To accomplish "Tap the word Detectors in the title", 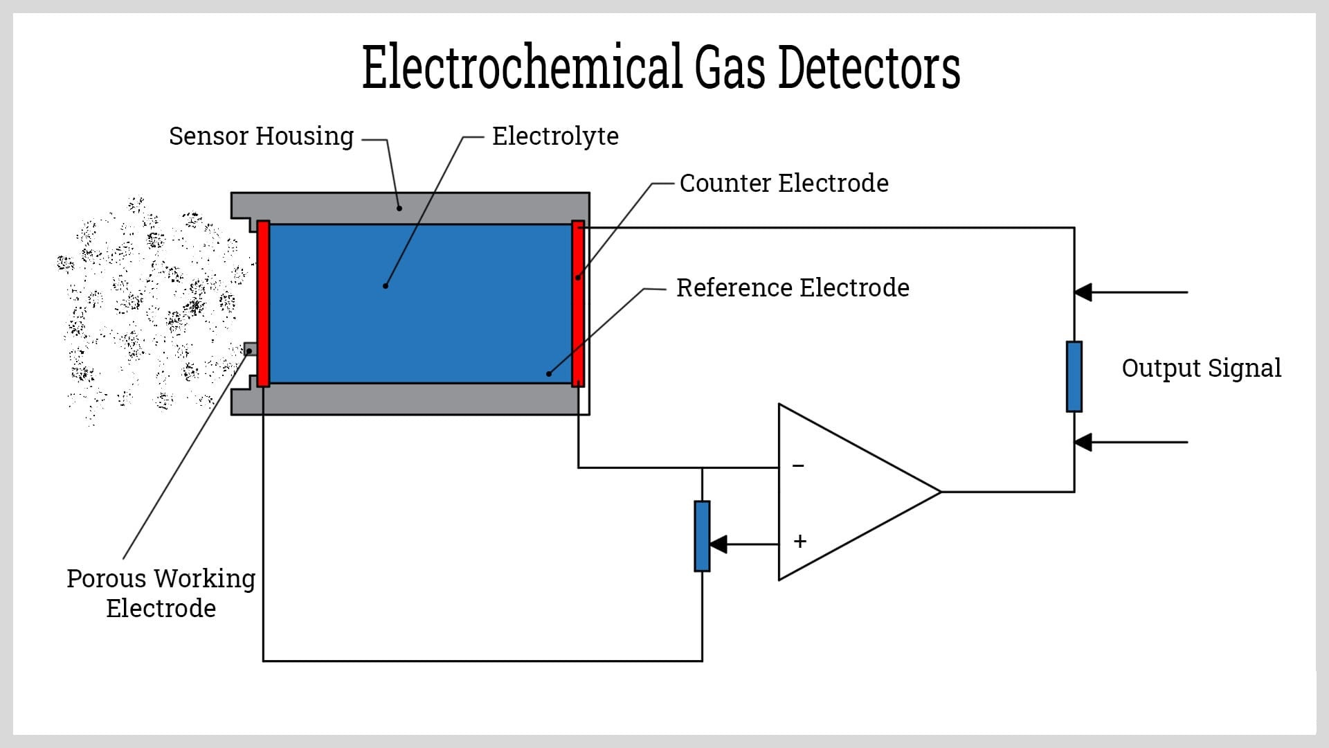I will click(x=869, y=68).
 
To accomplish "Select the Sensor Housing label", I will click(x=261, y=136).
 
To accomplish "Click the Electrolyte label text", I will click(x=555, y=136).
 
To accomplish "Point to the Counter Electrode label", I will click(x=784, y=184).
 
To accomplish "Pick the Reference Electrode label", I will click(x=793, y=288).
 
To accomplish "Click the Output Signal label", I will click(x=1201, y=368).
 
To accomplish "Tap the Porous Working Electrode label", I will click(x=161, y=594).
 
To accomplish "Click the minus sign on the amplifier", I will click(x=798, y=466).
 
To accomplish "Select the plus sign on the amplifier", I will click(x=800, y=542).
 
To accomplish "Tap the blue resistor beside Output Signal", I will click(x=1074, y=377).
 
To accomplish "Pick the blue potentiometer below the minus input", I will click(x=702, y=536).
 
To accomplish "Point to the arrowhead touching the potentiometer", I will click(x=718, y=544).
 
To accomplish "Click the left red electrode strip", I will click(x=263, y=303).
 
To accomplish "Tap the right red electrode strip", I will click(x=578, y=303).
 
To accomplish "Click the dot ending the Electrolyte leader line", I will click(x=386, y=285).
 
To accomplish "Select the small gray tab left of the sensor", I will click(x=250, y=349).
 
